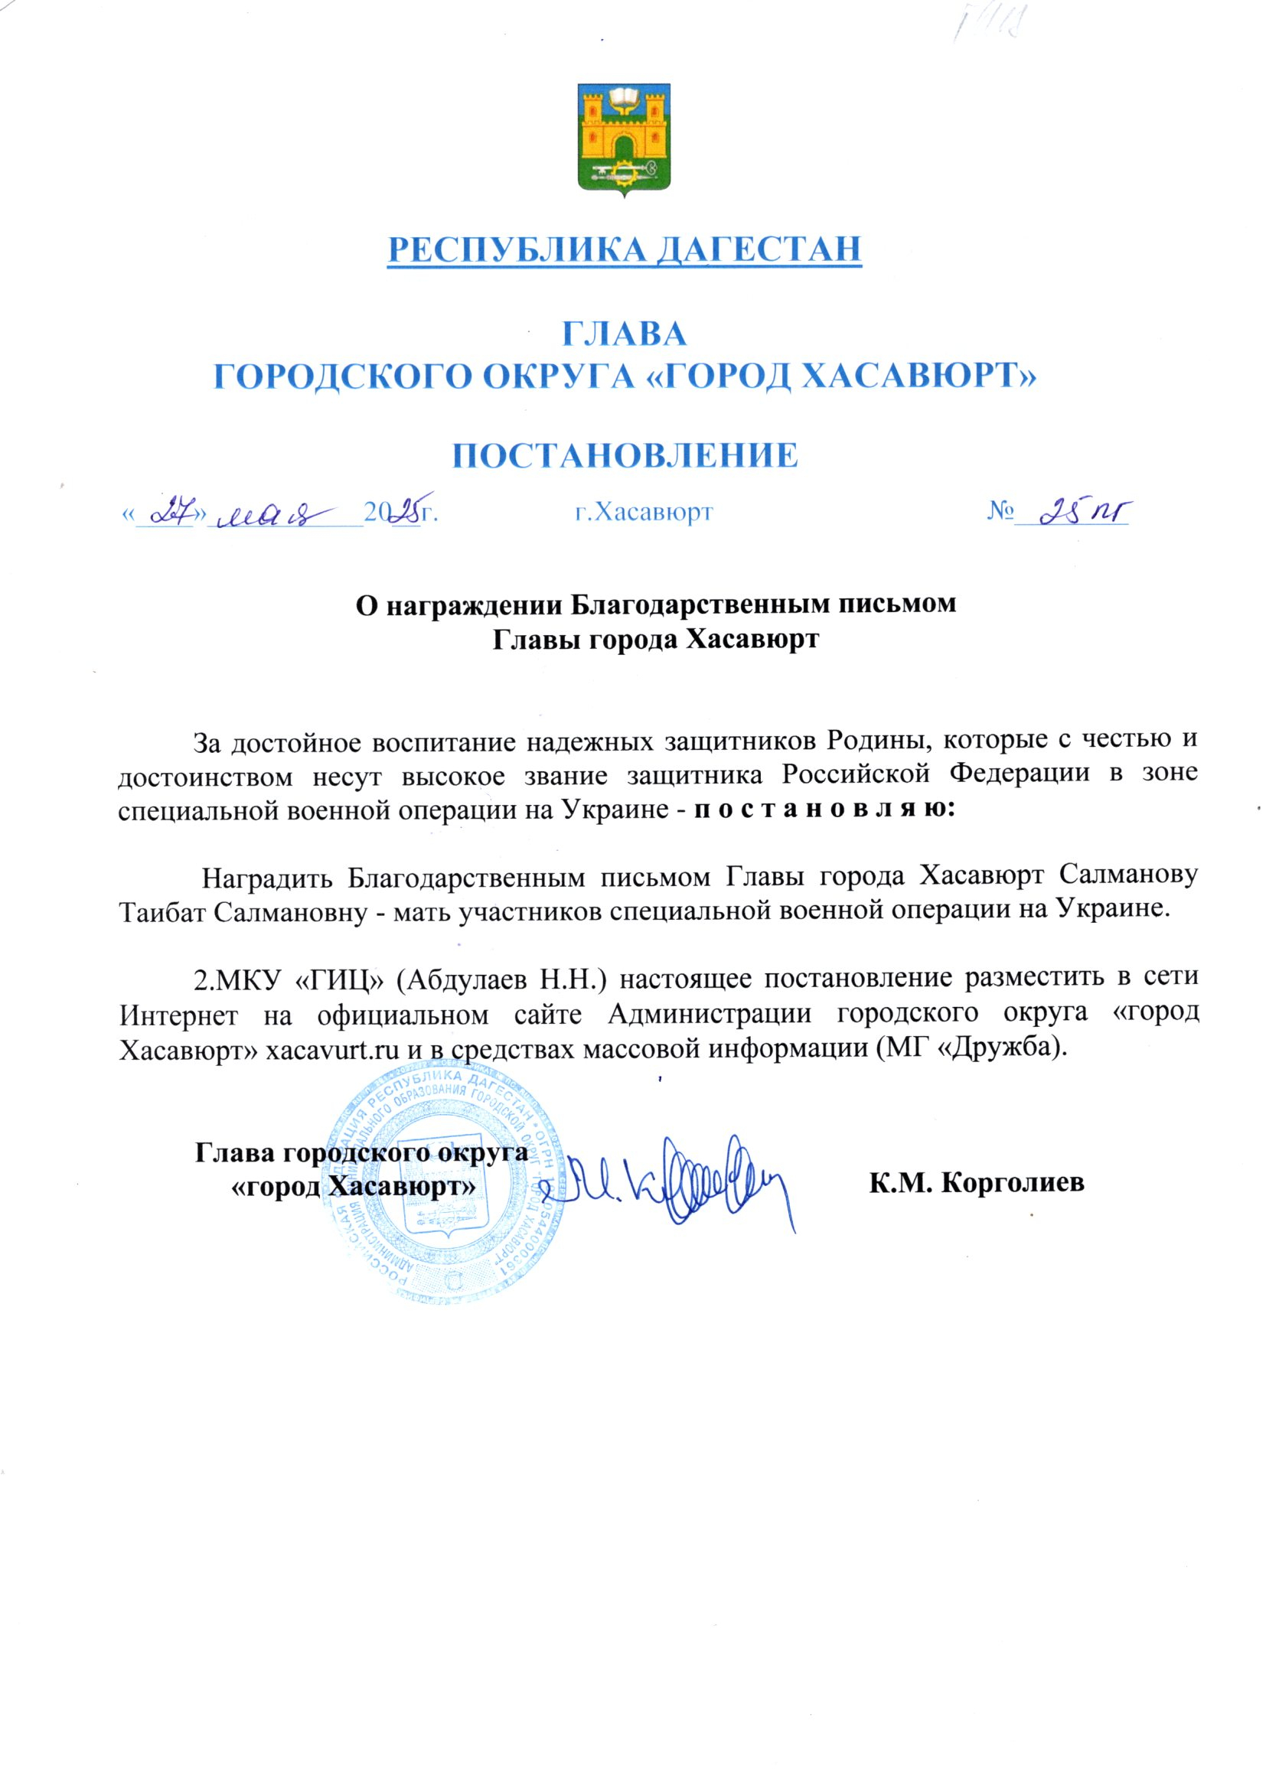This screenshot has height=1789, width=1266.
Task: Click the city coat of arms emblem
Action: pos(624,138)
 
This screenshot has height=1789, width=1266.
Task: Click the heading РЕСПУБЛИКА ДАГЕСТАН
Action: pos(625,249)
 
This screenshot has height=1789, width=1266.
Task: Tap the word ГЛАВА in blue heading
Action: pos(625,334)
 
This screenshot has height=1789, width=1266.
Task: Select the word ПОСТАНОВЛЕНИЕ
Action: pos(625,456)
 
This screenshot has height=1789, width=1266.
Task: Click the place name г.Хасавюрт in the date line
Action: pos(644,512)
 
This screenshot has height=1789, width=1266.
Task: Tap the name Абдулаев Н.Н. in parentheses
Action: pos(504,979)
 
